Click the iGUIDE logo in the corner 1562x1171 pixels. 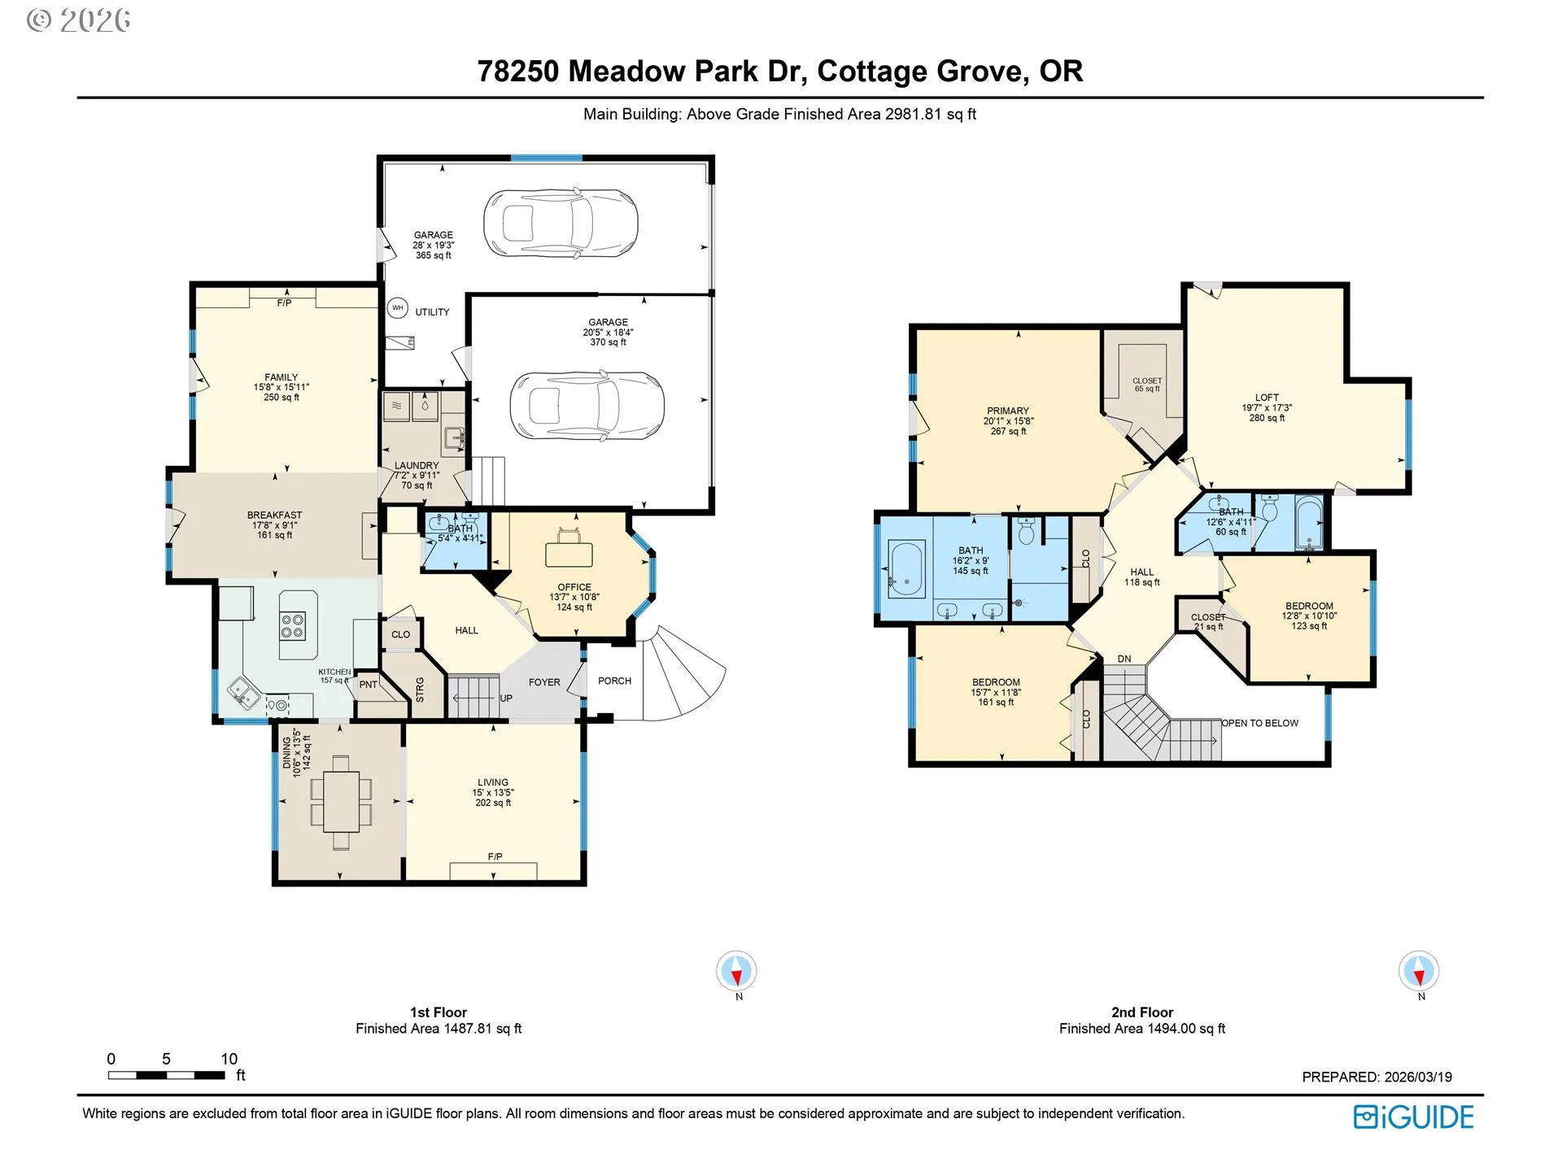(1413, 1117)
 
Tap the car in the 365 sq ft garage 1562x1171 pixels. (561, 223)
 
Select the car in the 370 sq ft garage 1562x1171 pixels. (587, 406)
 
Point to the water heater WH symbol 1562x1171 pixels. (397, 307)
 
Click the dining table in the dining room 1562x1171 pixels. (341, 803)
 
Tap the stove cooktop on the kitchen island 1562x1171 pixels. (293, 625)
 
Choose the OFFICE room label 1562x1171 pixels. (574, 587)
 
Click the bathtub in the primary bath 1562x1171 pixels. (906, 568)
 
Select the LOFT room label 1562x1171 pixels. (1267, 398)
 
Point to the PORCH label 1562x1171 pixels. (614, 681)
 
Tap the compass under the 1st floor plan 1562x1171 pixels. (736, 970)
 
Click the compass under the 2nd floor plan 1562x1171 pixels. (1419, 970)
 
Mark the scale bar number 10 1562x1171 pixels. (229, 1059)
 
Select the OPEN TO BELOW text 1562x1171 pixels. (1260, 723)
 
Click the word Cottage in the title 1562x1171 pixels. (872, 72)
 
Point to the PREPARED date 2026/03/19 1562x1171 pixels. (1418, 1077)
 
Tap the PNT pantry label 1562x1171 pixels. (369, 685)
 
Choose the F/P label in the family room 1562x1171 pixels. (284, 303)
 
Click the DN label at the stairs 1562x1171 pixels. (1124, 659)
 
